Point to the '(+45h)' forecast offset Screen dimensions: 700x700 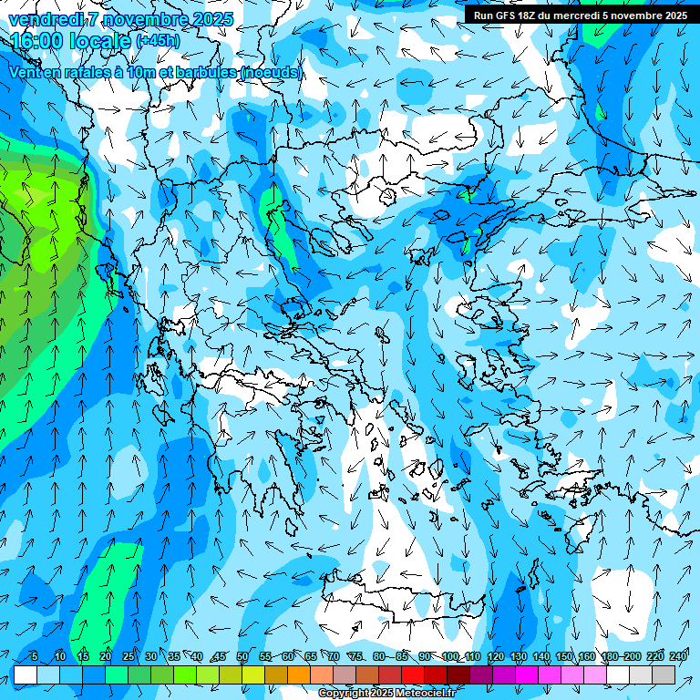[x=157, y=41]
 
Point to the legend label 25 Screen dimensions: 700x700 [x=128, y=656]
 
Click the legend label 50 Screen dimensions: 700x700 [x=242, y=656]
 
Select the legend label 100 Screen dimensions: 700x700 [x=449, y=656]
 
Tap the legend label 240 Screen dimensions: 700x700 [x=678, y=656]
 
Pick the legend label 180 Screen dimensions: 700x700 [x=609, y=656]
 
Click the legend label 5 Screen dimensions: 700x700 [x=34, y=656]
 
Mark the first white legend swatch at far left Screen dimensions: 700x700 [x=26, y=674]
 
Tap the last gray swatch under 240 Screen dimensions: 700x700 [x=664, y=674]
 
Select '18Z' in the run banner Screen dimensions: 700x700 [x=527, y=15]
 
